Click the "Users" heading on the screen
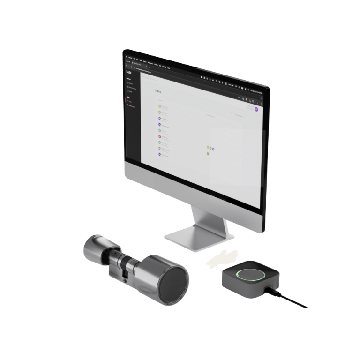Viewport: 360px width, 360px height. pyautogui.click(x=158, y=91)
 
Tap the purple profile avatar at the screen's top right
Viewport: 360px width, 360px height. pyautogui.click(x=256, y=109)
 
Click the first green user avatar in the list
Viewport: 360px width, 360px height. pyautogui.click(x=160, y=107)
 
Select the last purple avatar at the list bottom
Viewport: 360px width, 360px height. pyautogui.click(x=160, y=154)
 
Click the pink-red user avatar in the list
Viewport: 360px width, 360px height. pyautogui.click(x=160, y=136)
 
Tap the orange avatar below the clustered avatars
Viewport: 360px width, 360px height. pyautogui.click(x=208, y=153)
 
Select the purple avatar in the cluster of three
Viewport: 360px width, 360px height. pyautogui.click(x=213, y=149)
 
